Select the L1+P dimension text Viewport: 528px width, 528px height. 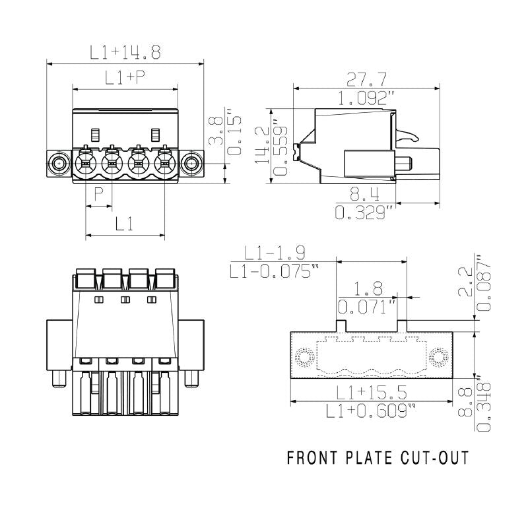[125, 78]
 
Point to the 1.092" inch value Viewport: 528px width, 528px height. [367, 98]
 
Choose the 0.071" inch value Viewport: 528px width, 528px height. [366, 307]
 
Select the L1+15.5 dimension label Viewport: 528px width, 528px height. [371, 392]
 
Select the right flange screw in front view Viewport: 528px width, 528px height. [191, 162]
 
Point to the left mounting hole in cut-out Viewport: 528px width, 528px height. [304, 358]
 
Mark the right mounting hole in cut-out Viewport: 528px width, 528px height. [438, 358]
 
